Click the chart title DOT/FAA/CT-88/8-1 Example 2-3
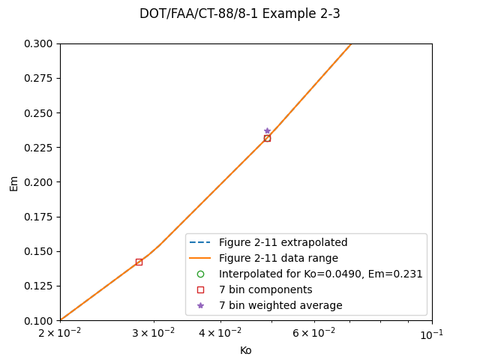239,13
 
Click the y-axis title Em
13,182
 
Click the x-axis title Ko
245,350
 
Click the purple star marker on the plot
267,131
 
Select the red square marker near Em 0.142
139,262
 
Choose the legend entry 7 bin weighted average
280,305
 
